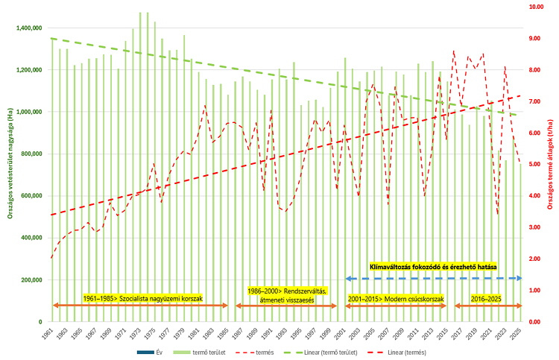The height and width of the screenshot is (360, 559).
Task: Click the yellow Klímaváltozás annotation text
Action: click(x=433, y=266)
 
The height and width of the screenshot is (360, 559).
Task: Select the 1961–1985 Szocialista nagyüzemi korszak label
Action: click(x=143, y=297)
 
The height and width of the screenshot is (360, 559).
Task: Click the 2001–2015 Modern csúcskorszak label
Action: click(x=396, y=297)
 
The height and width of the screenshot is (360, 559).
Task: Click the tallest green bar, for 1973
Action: click(x=140, y=164)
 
